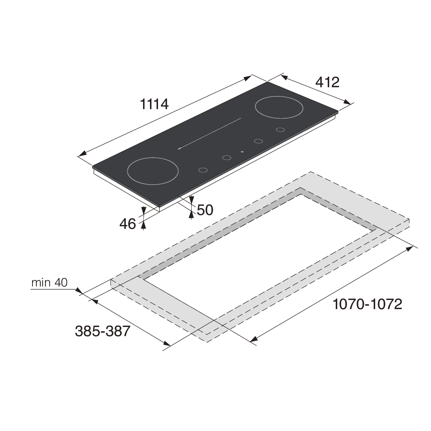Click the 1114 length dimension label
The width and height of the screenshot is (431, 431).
(x=154, y=104)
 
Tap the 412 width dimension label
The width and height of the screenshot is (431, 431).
(x=327, y=82)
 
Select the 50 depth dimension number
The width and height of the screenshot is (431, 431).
(x=205, y=210)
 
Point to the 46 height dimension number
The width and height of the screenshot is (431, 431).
(x=127, y=224)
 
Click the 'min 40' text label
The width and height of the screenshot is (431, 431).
(x=50, y=282)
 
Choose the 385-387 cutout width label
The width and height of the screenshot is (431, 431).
(x=103, y=331)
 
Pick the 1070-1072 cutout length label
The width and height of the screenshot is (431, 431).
(x=367, y=304)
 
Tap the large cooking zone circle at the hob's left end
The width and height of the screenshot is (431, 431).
(x=153, y=171)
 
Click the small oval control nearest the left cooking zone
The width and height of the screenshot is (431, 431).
(x=203, y=170)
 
